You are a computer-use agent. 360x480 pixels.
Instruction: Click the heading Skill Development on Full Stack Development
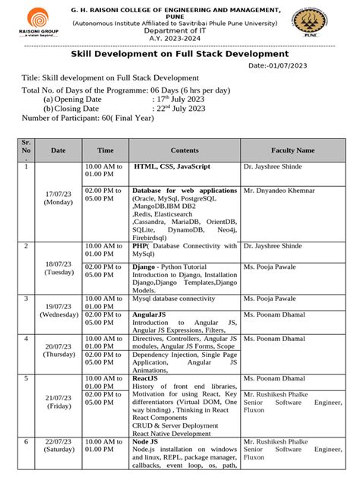click(x=179, y=54)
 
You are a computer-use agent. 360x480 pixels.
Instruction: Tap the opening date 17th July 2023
click(x=178, y=99)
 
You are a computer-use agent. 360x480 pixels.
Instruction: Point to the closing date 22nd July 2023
click(x=179, y=109)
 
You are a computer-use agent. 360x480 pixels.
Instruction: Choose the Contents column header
click(x=185, y=150)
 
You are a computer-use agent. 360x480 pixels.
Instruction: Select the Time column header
click(x=106, y=150)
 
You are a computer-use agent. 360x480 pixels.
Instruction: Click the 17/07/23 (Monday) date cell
click(x=58, y=199)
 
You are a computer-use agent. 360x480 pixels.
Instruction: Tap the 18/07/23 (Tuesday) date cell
click(x=58, y=267)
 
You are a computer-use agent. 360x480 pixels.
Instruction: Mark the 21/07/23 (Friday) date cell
click(x=58, y=403)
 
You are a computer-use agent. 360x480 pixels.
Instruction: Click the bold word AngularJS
click(x=150, y=313)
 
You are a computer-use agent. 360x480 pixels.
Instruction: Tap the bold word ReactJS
click(x=144, y=377)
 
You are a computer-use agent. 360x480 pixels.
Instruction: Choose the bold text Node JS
click(x=145, y=441)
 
